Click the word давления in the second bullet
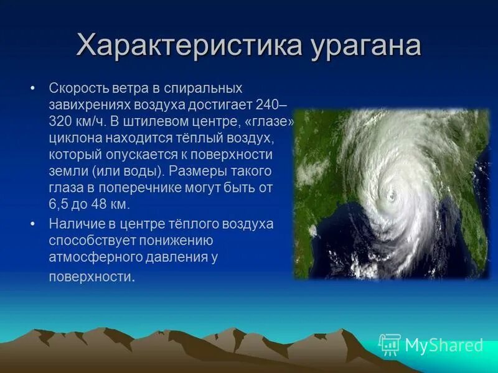172,256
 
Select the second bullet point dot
34,223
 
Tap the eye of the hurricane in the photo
392,197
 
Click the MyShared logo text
444,346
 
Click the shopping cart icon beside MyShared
390,344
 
